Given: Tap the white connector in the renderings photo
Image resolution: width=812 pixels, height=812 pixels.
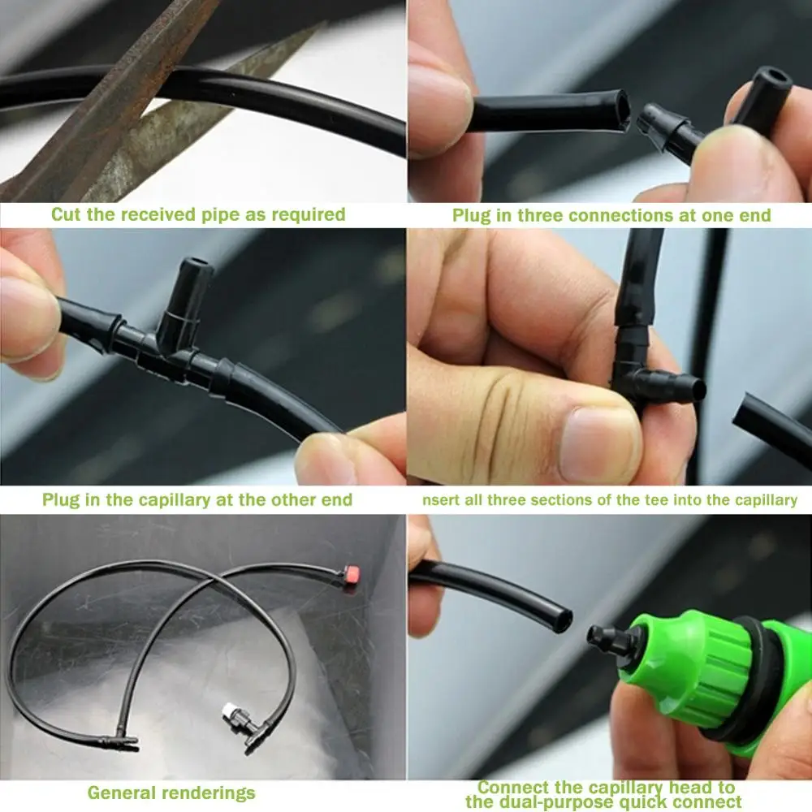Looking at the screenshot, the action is tap(230, 711).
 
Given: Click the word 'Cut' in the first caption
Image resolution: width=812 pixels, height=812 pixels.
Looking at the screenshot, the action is tap(67, 214).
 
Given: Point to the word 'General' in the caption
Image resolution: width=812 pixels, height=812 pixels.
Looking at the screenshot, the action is tap(121, 793).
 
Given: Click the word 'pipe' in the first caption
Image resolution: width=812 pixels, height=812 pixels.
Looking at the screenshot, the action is tap(218, 215).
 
